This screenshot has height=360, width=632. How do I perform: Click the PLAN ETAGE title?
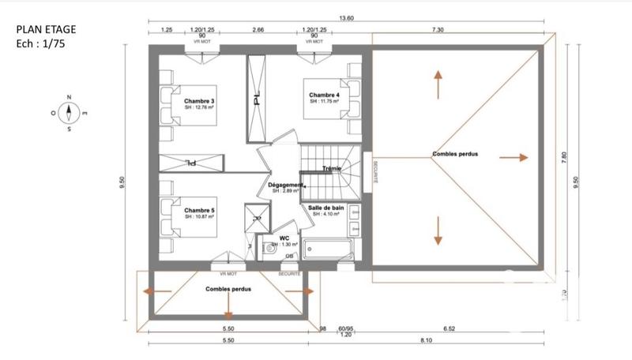click(46, 30)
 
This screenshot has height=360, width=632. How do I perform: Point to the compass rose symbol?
click(70, 113)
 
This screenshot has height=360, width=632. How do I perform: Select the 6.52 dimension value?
click(472, 328)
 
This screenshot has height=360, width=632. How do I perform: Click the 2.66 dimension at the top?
click(258, 29)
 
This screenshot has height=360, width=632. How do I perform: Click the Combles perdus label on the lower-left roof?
click(228, 290)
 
